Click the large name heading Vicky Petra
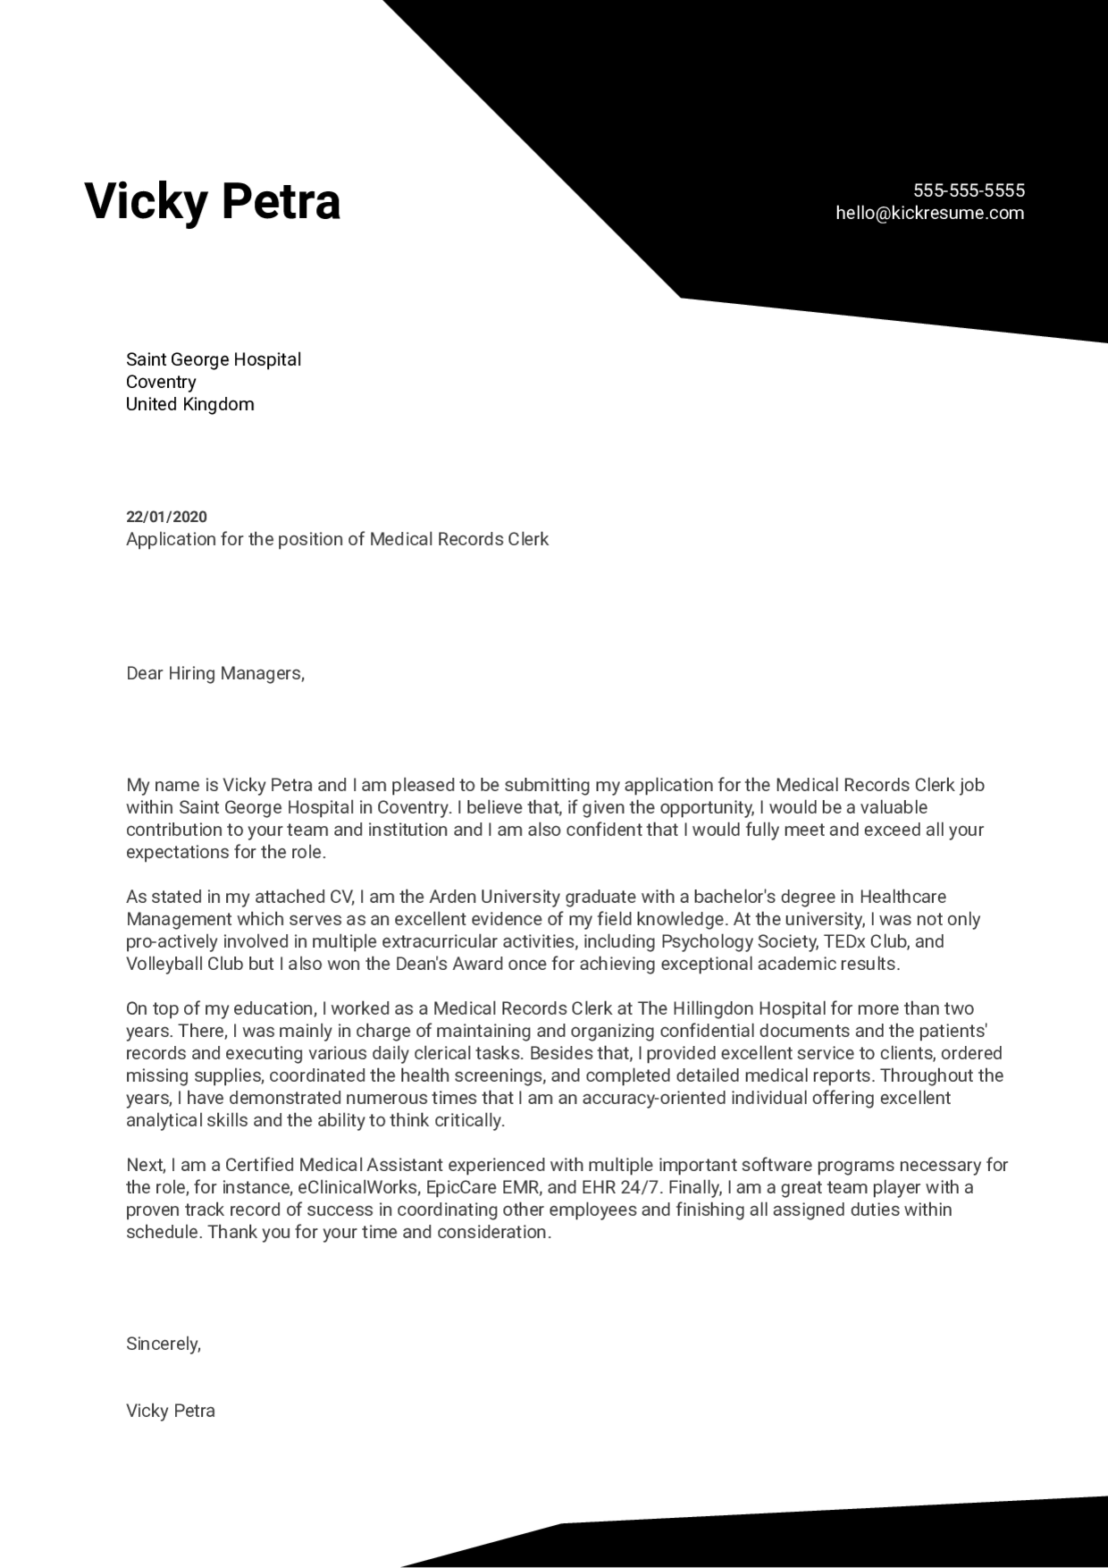point(213,201)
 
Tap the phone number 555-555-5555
point(969,190)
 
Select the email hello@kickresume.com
point(929,213)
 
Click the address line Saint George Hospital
point(214,359)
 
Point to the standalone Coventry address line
point(161,382)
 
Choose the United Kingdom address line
point(189,404)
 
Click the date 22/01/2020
point(166,517)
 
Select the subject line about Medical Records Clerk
point(337,539)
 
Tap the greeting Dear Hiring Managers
point(215,673)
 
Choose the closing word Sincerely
point(164,1344)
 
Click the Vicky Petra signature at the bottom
point(170,1411)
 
